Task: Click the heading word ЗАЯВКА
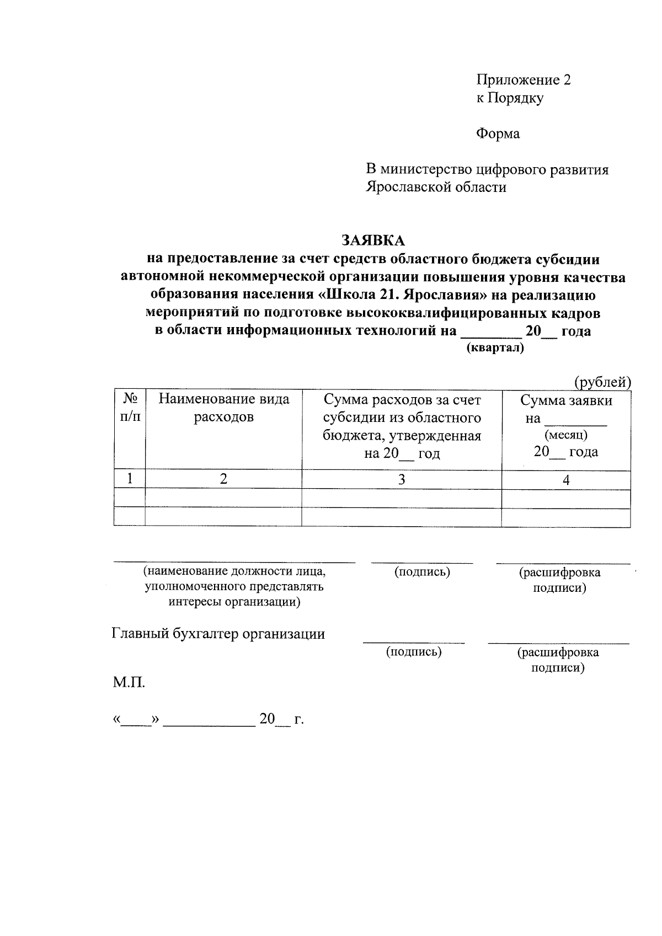(373, 240)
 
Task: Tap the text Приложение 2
(524, 81)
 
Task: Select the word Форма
(498, 133)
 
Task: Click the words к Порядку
(510, 98)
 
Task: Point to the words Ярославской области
(436, 187)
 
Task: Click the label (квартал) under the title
(495, 348)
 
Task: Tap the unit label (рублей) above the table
(602, 382)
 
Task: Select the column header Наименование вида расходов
(223, 408)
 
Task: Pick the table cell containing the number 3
(402, 479)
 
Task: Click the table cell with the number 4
(566, 480)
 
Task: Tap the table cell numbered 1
(130, 479)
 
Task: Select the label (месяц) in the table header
(565, 435)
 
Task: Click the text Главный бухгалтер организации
(218, 634)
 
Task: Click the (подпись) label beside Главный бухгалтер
(413, 652)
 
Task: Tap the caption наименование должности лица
(234, 571)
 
